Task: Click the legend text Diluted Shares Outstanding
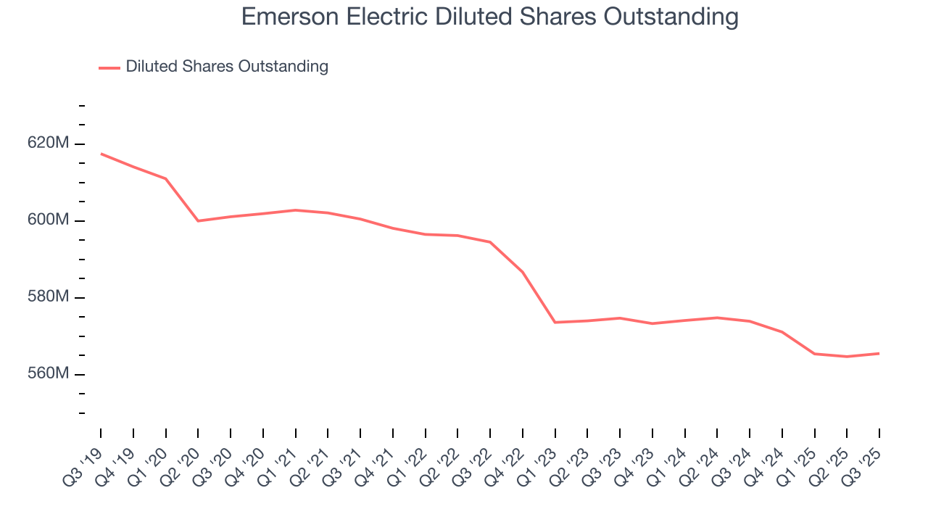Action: [x=227, y=67]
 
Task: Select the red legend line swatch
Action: [x=109, y=67]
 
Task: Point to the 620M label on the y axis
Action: [x=49, y=144]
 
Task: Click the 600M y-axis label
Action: [x=49, y=220]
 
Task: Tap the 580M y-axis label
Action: [x=49, y=297]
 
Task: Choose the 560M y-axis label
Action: [x=49, y=374]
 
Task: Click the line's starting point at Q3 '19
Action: [x=101, y=154]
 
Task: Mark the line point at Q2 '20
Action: [x=198, y=220]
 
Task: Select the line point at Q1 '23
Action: [x=555, y=322]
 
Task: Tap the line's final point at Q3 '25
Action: [x=879, y=353]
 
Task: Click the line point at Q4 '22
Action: [x=523, y=272]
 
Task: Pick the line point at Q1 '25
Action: [x=815, y=354]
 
